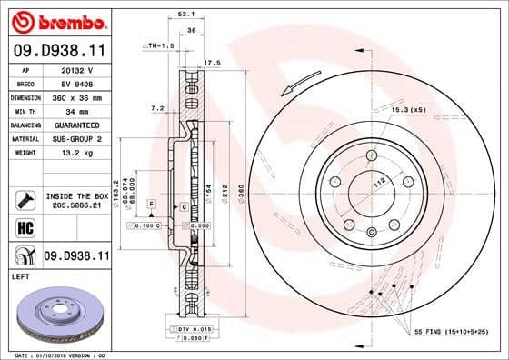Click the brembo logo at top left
(56, 20)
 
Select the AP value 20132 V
(76, 70)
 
